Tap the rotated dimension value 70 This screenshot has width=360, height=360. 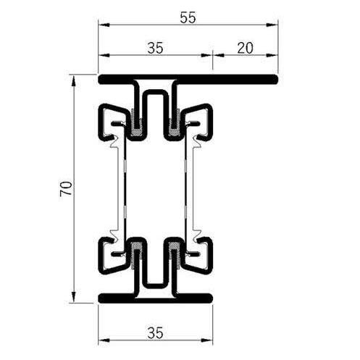tap(64, 189)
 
